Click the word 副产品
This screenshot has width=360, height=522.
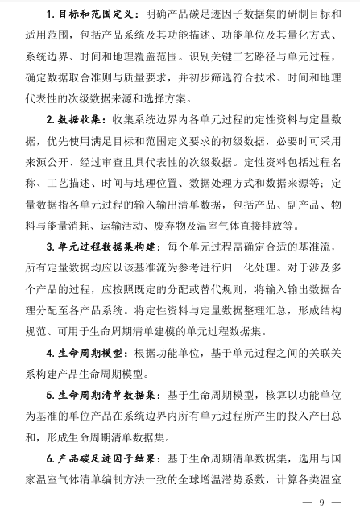pyautogui.click(x=288, y=203)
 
